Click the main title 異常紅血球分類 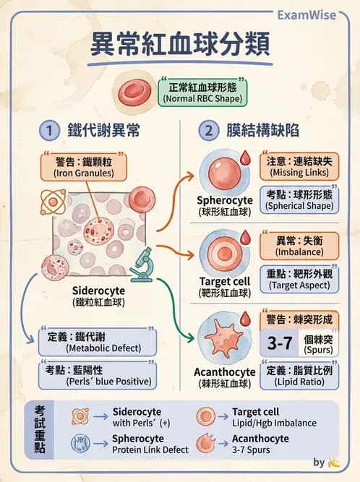coord(180,44)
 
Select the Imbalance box coord(299,246)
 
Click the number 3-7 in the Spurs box coord(279,343)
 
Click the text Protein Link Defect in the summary coord(150,449)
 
